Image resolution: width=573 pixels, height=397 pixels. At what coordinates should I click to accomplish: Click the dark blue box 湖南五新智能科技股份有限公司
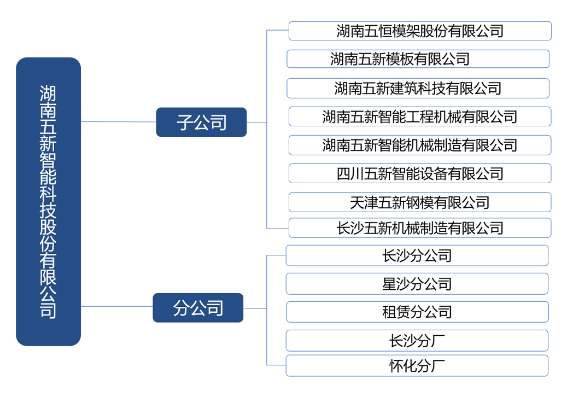click(x=48, y=201)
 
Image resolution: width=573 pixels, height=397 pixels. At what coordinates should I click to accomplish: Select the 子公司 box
click(x=201, y=122)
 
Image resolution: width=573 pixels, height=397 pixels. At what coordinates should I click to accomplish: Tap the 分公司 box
click(x=198, y=308)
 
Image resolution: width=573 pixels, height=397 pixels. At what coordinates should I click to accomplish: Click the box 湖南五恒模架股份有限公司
click(x=419, y=31)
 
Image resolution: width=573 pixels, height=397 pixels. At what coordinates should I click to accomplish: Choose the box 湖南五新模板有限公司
click(x=418, y=59)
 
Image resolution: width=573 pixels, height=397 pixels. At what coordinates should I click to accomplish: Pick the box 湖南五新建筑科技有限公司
click(x=418, y=88)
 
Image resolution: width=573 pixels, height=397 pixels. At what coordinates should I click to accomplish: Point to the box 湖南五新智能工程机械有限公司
click(x=419, y=116)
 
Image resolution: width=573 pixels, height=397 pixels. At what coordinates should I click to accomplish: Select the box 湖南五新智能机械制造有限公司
click(x=419, y=145)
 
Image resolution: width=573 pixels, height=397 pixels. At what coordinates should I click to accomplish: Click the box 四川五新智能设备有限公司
click(x=419, y=173)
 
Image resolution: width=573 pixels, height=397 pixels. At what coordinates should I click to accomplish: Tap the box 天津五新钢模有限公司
click(x=419, y=202)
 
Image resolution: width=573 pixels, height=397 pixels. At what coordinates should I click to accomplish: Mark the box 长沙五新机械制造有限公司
click(x=419, y=227)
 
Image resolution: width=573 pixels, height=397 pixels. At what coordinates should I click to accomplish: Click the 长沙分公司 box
click(x=417, y=255)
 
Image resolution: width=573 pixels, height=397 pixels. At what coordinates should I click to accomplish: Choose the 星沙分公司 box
click(x=417, y=284)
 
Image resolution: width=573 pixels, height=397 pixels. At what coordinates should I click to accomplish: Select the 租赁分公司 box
click(x=417, y=312)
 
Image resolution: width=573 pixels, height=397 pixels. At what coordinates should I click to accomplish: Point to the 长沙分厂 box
click(x=417, y=340)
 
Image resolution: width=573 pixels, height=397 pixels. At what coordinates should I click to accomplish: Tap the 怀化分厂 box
click(x=417, y=365)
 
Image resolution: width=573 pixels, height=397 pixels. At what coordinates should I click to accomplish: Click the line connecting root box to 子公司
click(x=118, y=121)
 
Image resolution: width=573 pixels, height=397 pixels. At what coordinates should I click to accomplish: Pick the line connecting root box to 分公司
click(x=116, y=307)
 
